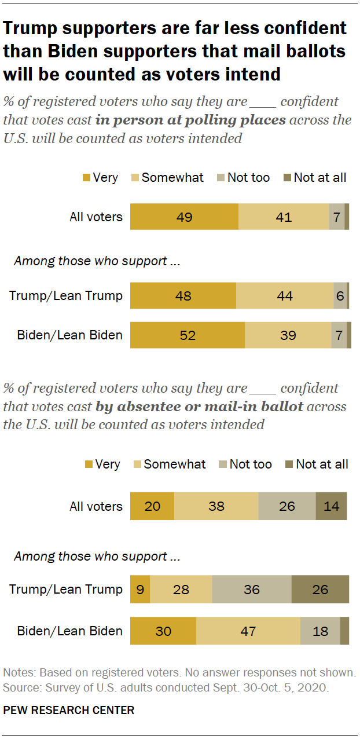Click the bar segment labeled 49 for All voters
pyautogui.click(x=184, y=217)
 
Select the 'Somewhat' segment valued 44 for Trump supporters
pyautogui.click(x=285, y=295)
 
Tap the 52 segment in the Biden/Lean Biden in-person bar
pyautogui.click(x=187, y=335)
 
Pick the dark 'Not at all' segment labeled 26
pyautogui.click(x=319, y=590)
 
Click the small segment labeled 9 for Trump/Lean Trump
pyautogui.click(x=140, y=590)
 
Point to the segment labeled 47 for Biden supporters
pyautogui.click(x=248, y=631)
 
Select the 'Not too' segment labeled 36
pyautogui.click(x=252, y=590)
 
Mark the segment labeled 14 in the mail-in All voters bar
pyautogui.click(x=331, y=506)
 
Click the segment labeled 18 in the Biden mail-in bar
pyautogui.click(x=320, y=631)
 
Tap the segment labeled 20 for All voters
pyautogui.click(x=152, y=506)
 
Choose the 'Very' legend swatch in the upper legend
pyautogui.click(x=87, y=178)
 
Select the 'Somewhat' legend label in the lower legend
pyautogui.click(x=174, y=464)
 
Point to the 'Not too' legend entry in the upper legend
pyautogui.click(x=248, y=178)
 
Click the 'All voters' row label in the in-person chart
pyautogui.click(x=96, y=217)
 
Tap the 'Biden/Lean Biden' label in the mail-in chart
pyautogui.click(x=69, y=631)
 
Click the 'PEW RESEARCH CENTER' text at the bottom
pyautogui.click(x=69, y=710)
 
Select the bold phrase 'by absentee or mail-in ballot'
pyautogui.click(x=199, y=406)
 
